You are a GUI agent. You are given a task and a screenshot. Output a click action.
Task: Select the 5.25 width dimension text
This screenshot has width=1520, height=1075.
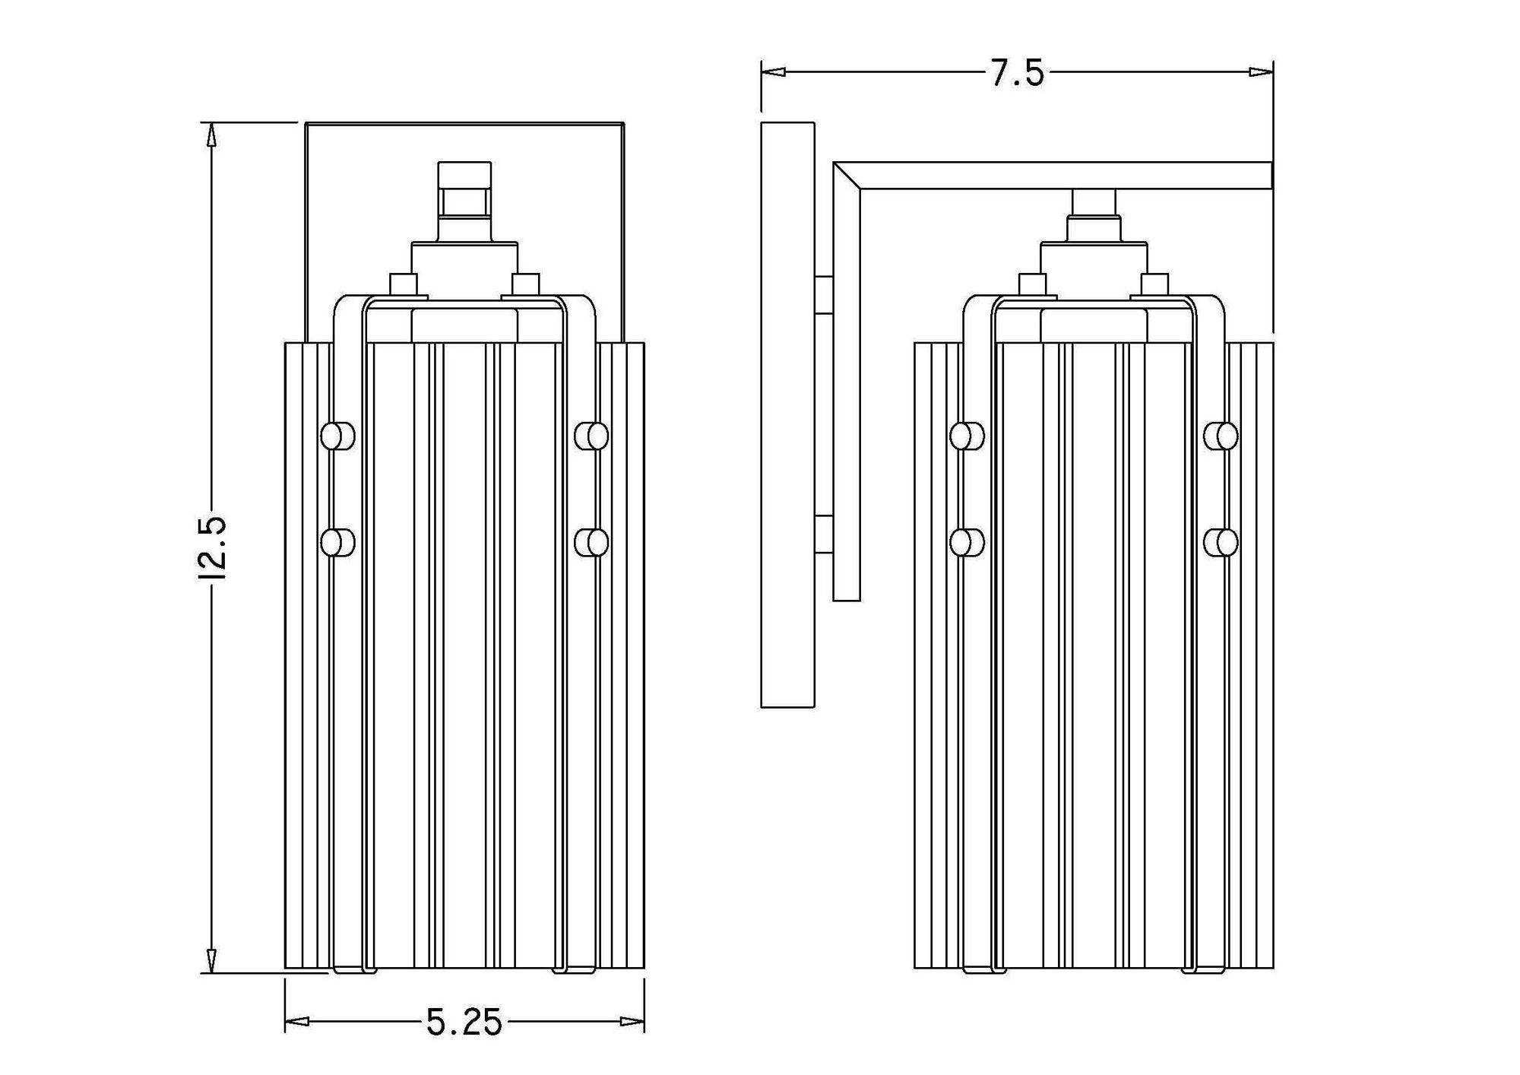(x=464, y=1023)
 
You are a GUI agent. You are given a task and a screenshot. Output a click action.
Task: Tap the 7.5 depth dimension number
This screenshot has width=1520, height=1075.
(x=1018, y=74)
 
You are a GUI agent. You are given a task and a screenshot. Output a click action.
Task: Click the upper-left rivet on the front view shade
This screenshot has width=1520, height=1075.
(x=337, y=436)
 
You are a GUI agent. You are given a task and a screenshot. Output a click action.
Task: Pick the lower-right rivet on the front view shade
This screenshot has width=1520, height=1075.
(x=592, y=542)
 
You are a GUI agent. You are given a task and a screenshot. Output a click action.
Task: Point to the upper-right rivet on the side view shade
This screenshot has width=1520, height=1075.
(x=1221, y=436)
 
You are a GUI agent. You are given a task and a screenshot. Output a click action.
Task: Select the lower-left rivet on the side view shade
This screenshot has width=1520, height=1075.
(x=966, y=542)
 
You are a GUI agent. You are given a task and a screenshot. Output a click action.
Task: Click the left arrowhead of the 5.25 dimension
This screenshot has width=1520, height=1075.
(x=297, y=1021)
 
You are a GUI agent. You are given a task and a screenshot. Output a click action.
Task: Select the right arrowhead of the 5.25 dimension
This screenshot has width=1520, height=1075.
(x=632, y=1021)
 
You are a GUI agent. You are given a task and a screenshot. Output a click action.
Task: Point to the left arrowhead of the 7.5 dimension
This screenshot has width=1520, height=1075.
(x=773, y=71)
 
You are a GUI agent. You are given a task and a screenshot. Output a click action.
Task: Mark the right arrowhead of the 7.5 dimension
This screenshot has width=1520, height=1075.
(x=1261, y=71)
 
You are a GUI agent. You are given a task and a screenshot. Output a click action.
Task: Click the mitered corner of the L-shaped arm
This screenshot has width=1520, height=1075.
(x=847, y=175)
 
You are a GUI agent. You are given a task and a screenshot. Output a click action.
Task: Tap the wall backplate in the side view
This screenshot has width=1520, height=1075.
(x=787, y=414)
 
